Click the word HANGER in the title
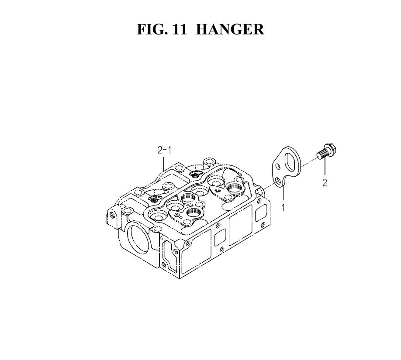coord(230,29)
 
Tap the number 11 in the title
coord(180,29)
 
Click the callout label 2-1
coord(164,150)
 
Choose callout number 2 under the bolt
coord(325,183)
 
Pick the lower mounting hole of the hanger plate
coord(279,182)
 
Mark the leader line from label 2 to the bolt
coord(325,168)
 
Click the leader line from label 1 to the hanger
coord(283,194)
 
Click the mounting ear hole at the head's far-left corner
coord(112,215)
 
